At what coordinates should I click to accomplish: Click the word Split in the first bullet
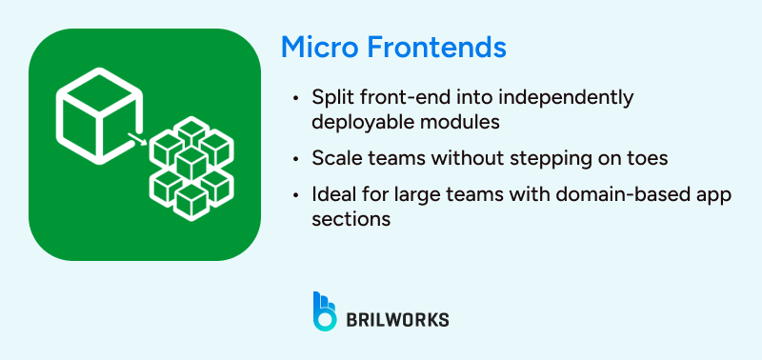[331, 98]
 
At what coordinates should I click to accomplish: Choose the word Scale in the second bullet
[334, 157]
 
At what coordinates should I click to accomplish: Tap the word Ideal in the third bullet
[332, 194]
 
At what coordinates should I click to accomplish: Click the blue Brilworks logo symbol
[325, 310]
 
